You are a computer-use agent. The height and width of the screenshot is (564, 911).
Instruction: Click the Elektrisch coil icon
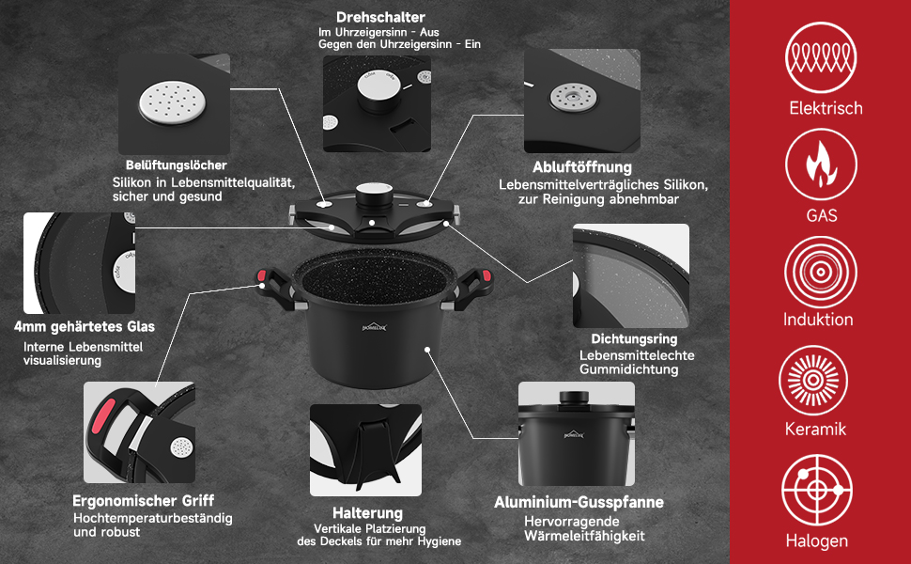click(820, 57)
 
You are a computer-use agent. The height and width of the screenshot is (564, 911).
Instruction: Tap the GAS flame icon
click(820, 164)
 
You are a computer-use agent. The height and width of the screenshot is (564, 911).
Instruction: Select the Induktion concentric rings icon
click(820, 272)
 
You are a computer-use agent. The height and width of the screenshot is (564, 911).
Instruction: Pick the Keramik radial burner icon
click(813, 381)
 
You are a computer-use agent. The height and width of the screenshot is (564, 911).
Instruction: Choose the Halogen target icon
click(817, 490)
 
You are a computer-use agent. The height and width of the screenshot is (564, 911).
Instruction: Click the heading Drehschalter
click(380, 18)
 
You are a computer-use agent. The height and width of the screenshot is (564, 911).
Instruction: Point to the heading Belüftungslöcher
click(176, 165)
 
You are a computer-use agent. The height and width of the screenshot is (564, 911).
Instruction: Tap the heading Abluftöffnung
click(582, 167)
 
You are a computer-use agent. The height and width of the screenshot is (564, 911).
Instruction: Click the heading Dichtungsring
click(634, 339)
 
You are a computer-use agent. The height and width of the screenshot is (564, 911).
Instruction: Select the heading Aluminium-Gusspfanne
click(579, 502)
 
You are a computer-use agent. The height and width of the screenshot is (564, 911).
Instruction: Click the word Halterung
click(367, 513)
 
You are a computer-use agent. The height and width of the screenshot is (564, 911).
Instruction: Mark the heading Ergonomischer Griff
click(143, 501)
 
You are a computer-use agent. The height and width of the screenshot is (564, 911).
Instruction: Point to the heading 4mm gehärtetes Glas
click(85, 327)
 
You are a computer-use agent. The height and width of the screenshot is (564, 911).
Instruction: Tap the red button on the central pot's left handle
click(261, 275)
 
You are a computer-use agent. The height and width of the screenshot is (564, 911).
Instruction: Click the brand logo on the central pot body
click(374, 327)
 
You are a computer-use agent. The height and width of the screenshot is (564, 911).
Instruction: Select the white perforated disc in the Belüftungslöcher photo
click(173, 102)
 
